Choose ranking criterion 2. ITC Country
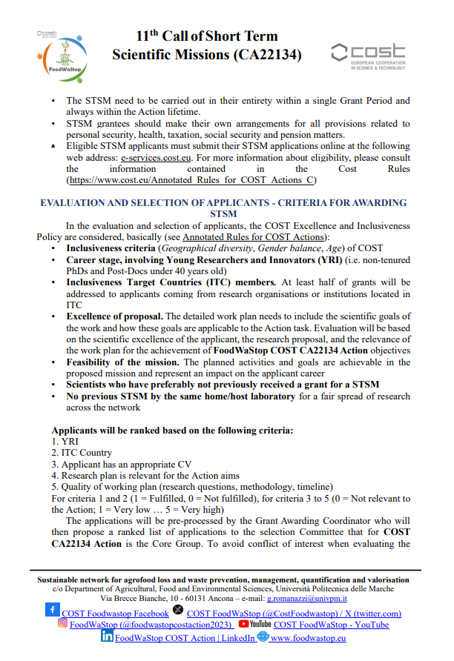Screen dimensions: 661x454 click(x=81, y=453)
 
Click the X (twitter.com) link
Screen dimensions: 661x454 click(x=294, y=614)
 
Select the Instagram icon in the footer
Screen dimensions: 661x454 click(x=62, y=624)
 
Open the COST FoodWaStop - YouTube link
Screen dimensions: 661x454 click(x=331, y=625)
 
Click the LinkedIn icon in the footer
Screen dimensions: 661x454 click(x=107, y=637)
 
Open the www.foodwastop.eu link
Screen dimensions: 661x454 click(x=309, y=637)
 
